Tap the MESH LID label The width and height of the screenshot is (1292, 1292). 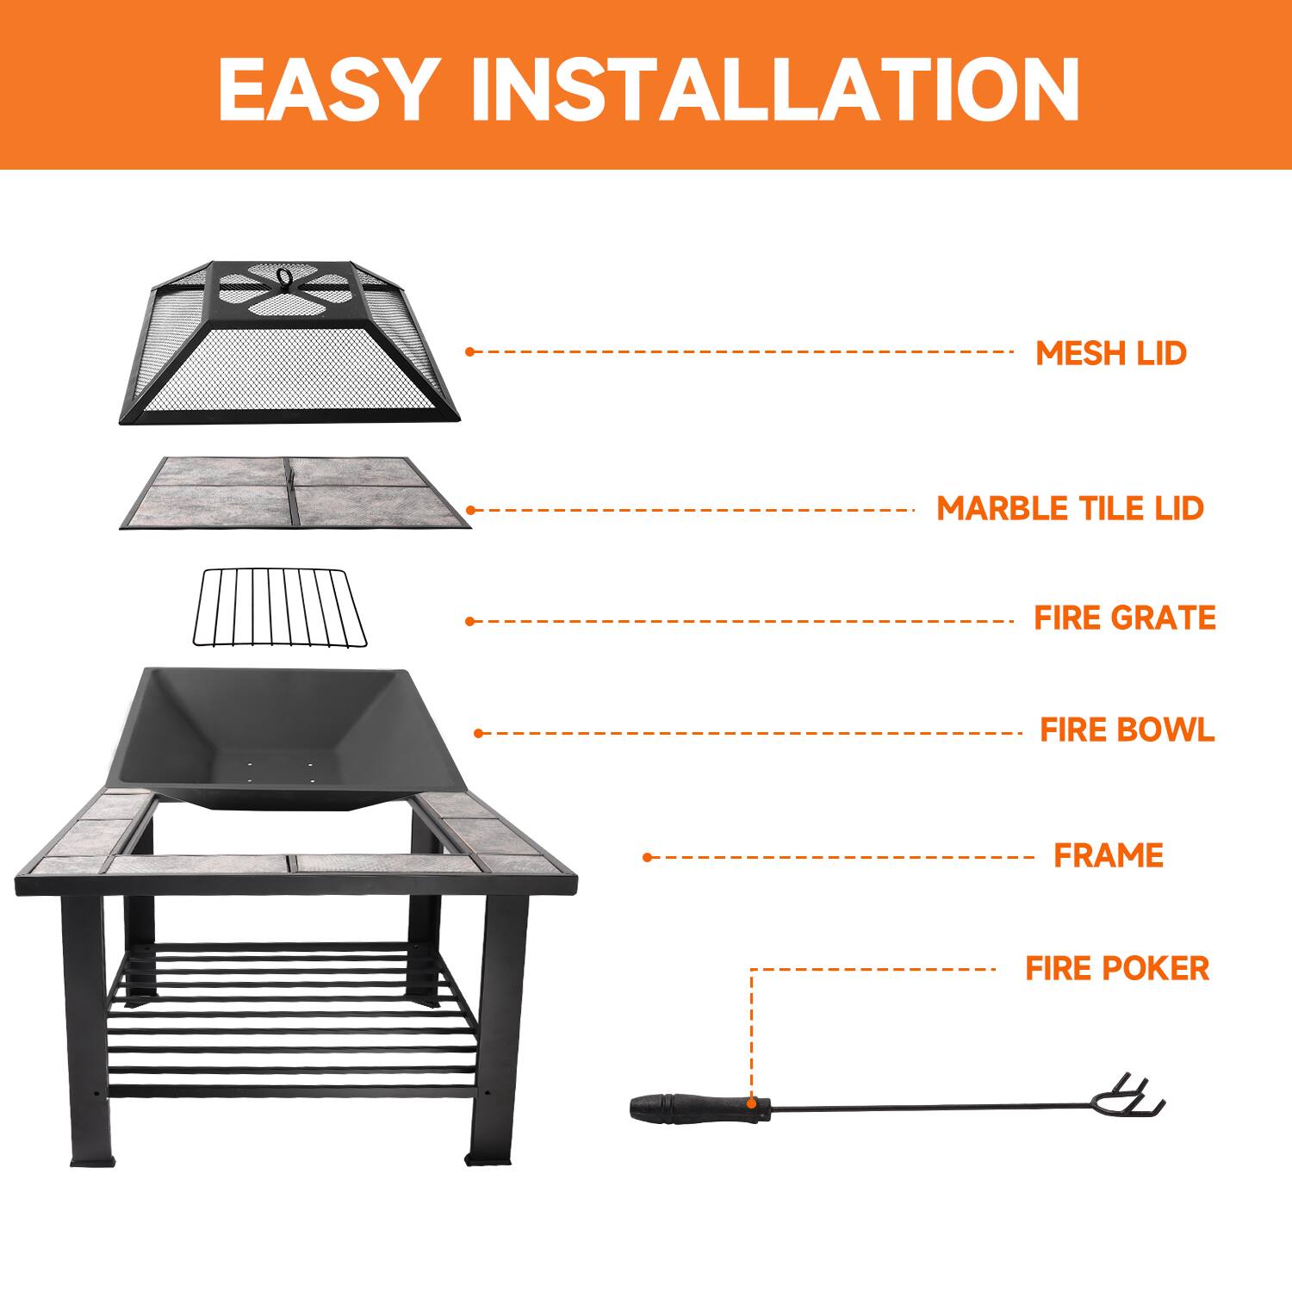tap(1110, 353)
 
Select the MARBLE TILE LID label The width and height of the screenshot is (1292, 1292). tap(1070, 508)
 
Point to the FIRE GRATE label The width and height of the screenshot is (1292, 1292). tap(1125, 618)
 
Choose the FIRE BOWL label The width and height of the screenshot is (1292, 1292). tap(1127, 730)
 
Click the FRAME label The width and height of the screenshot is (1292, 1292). tap(1109, 855)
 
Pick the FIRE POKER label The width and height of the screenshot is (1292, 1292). tap(1117, 968)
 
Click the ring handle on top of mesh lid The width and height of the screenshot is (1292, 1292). tap(282, 277)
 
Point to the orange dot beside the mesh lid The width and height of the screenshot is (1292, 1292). tap(469, 351)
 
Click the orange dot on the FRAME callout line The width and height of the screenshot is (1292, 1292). tap(647, 857)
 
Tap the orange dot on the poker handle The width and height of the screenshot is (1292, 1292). tap(753, 1103)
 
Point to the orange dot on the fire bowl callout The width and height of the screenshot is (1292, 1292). tap(479, 734)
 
